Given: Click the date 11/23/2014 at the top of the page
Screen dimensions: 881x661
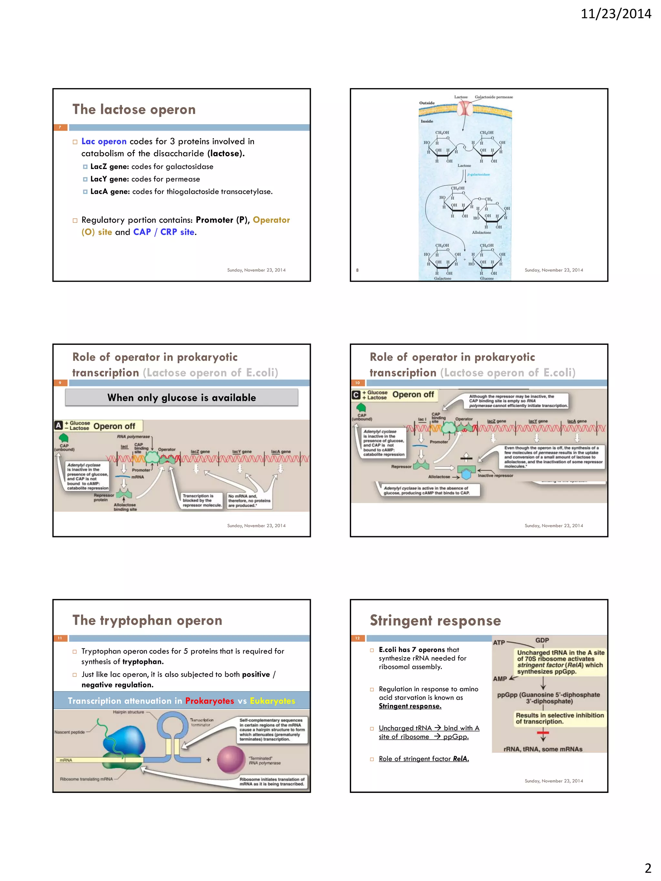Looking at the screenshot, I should click(615, 14).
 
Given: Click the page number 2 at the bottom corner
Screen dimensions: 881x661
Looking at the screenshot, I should click(648, 867).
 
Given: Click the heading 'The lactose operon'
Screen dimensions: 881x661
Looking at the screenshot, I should click(134, 110).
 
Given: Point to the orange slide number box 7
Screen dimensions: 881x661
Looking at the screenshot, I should click(60, 127).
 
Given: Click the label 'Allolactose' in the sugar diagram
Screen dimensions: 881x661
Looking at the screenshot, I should click(481, 233).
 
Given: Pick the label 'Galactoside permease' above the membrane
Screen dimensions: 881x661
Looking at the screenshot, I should click(494, 97).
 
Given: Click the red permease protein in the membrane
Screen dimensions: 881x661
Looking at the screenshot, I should click(464, 108).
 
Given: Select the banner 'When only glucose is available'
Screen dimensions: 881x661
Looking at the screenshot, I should click(181, 397).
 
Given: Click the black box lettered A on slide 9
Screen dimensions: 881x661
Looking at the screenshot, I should click(58, 425).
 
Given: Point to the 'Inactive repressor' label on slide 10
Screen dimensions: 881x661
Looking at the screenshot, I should click(495, 476).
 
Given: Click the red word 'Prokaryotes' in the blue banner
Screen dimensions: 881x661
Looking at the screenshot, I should click(209, 701).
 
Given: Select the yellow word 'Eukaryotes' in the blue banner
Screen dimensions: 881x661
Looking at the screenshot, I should click(272, 701).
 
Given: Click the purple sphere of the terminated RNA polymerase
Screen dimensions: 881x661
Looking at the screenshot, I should click(231, 759).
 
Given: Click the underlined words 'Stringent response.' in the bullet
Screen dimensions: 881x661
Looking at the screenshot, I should click(410, 706).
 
